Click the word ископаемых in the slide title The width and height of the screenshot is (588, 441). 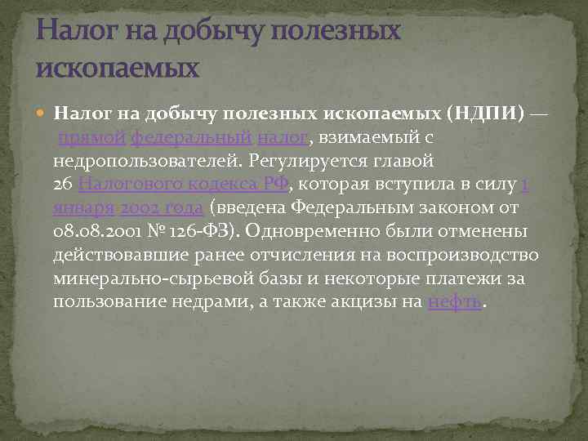click(118, 66)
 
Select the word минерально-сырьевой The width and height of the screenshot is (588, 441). click(136, 278)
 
